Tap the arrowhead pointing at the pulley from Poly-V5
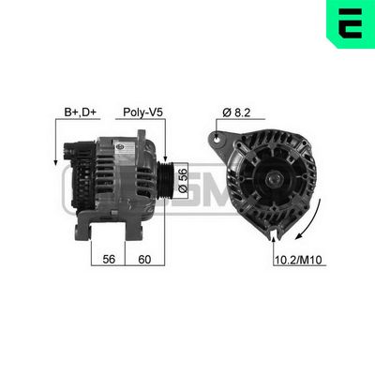[164, 160]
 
